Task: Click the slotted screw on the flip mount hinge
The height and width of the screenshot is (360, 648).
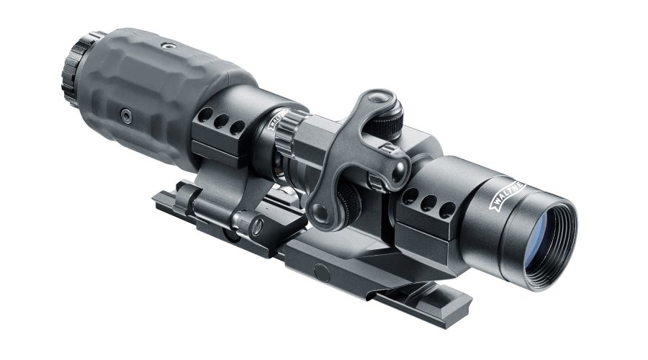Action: tap(256, 225)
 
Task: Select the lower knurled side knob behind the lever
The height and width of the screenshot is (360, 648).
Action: tap(348, 196)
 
